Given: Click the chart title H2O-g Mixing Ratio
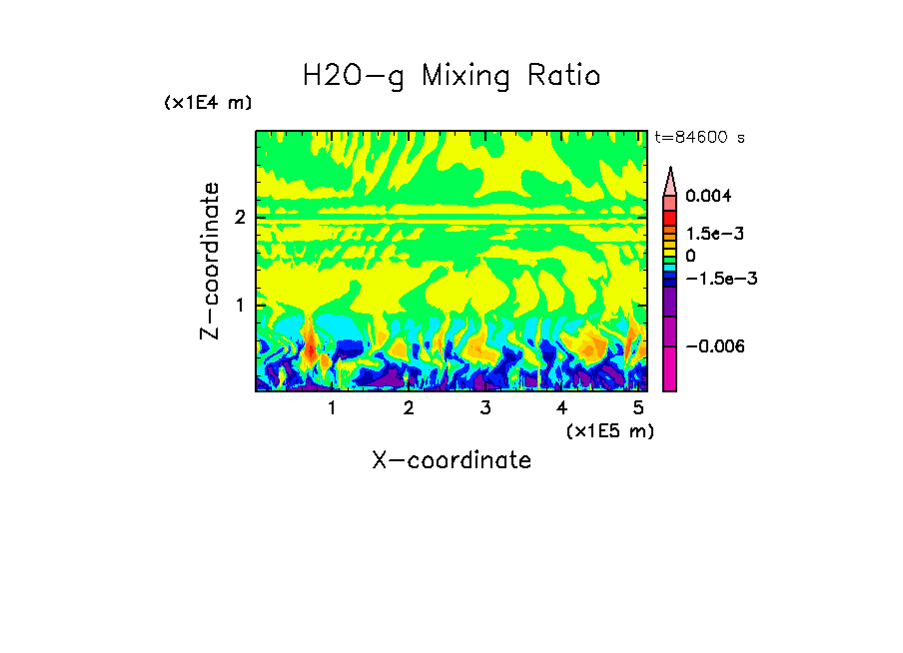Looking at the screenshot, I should coord(451,76).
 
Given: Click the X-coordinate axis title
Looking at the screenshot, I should coord(451,460).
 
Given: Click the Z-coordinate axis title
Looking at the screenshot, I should coord(210,261).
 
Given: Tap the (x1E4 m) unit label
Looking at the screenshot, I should coord(208,103).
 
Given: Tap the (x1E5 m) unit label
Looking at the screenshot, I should coord(609,430).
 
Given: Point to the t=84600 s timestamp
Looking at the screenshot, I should coord(699,138).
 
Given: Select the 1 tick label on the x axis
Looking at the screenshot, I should coord(332,408).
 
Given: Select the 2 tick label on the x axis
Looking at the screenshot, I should coord(409,408).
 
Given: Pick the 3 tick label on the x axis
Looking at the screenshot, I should coord(484,408).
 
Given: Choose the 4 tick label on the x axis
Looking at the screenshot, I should coord(561,408).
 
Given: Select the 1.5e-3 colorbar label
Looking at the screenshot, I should coord(708,234).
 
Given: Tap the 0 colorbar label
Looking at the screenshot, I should coord(690,256).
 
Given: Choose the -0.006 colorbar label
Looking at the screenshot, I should coord(715,345).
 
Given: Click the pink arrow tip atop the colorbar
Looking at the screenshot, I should coord(670,181).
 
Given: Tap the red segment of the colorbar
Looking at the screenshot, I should coord(670,217).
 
